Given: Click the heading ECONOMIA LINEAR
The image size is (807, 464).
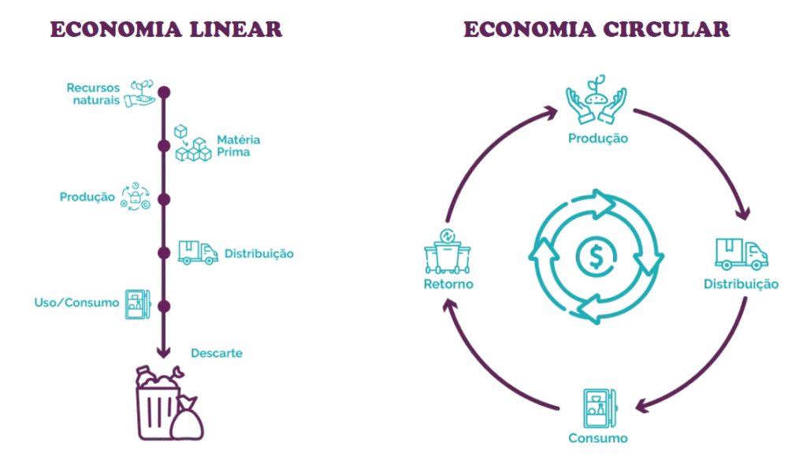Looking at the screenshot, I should coord(166,30).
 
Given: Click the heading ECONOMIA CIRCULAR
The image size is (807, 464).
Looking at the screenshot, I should coord(597,30).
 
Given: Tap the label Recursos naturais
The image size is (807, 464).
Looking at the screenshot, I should coord(93,94).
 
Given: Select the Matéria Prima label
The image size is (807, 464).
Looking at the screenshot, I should coord(239,146).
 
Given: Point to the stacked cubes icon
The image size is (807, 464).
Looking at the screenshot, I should coord(192,143).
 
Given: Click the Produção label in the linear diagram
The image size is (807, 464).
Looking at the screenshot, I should coord(87,197).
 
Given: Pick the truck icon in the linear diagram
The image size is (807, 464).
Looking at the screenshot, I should coord(197,252).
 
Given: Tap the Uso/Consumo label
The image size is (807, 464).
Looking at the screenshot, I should coord(76,303).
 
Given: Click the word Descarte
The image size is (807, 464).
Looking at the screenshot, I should coord(217,353).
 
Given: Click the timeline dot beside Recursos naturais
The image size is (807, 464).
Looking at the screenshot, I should coord(164,92).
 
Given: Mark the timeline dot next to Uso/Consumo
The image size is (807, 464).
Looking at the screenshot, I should coord(164,306).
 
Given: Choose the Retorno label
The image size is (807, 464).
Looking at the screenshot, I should coord(448,284).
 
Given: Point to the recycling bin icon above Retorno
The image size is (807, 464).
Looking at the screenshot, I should coord(448,251).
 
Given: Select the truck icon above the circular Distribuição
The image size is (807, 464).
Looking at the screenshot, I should coord(741,254).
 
